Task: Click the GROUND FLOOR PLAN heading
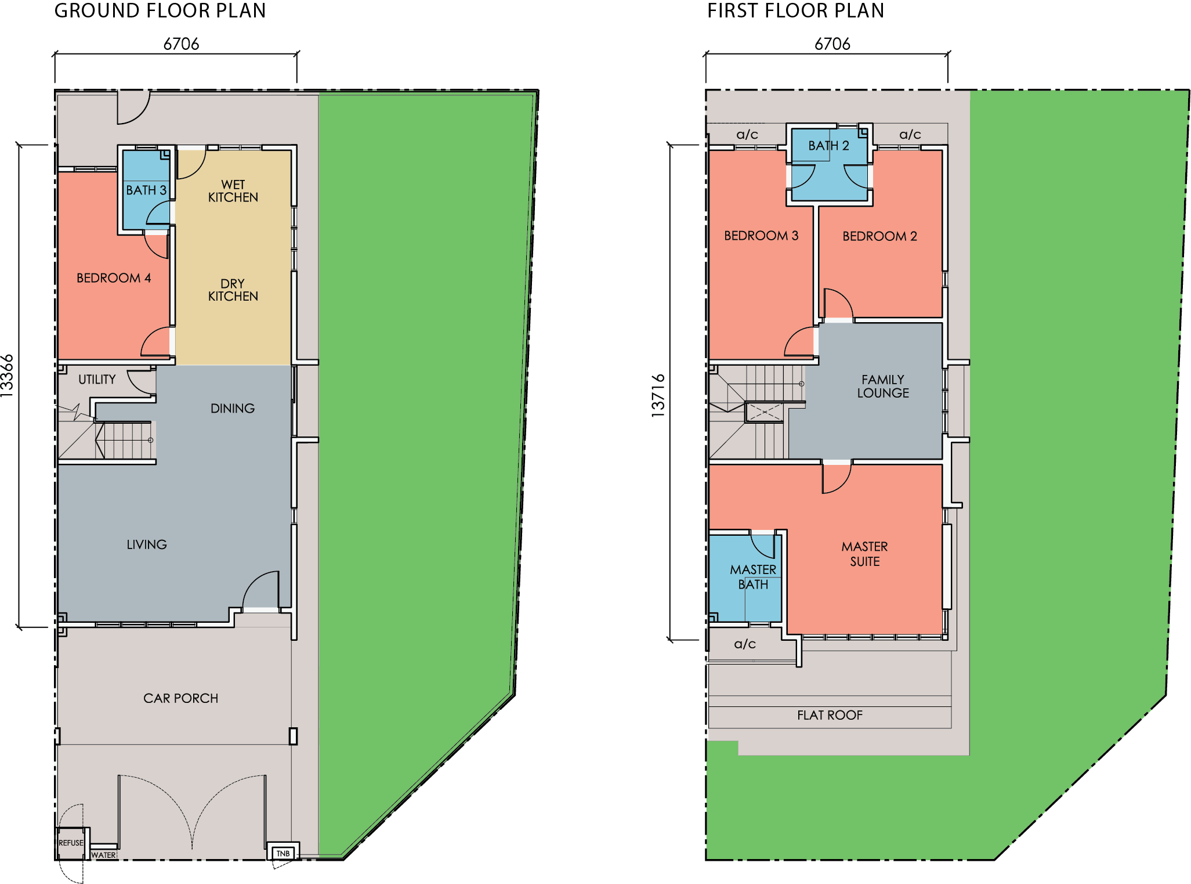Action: point(160,10)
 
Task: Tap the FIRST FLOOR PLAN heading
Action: point(795,10)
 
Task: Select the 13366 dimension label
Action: point(7,376)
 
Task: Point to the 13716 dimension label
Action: point(658,396)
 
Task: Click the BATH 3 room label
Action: point(146,190)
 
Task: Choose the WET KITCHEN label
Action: point(233,191)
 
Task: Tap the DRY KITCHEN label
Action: point(233,290)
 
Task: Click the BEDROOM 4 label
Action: point(114,278)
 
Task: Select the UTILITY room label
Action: point(97,380)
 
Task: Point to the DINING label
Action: point(233,409)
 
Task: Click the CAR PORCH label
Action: point(181,698)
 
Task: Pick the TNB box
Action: point(283,853)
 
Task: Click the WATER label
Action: point(103,855)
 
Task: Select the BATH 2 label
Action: point(828,146)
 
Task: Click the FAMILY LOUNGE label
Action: point(883,386)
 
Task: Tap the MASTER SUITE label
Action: point(864,554)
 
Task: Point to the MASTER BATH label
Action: point(753,577)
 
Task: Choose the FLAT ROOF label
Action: point(830,715)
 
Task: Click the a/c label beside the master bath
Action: point(745,644)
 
